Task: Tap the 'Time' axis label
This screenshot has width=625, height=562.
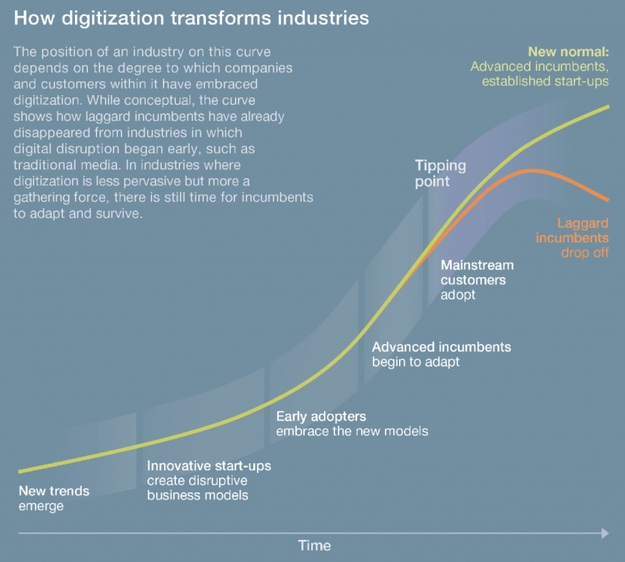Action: pyautogui.click(x=314, y=545)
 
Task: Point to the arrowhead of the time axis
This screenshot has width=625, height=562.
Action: pyautogui.click(x=605, y=533)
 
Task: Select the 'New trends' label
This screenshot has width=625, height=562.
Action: pyautogui.click(x=54, y=491)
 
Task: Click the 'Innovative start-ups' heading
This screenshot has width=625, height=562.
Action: pyautogui.click(x=209, y=466)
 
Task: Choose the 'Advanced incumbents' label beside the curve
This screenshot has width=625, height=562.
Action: pyautogui.click(x=441, y=347)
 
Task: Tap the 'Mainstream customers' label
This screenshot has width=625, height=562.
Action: pyautogui.click(x=477, y=273)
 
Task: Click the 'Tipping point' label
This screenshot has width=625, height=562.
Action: pyautogui.click(x=440, y=173)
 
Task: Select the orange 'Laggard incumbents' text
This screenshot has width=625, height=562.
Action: pyautogui.click(x=573, y=231)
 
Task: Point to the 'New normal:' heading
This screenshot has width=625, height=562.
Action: pyautogui.click(x=568, y=51)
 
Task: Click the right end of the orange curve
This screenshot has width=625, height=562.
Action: pyautogui.click(x=608, y=200)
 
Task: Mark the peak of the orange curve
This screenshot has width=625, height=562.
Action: pyautogui.click(x=533, y=170)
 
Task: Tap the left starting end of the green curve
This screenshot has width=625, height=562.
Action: pyautogui.click(x=20, y=471)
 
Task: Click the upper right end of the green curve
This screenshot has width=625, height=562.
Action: pyautogui.click(x=609, y=106)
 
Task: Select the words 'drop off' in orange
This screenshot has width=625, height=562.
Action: pyautogui.click(x=585, y=252)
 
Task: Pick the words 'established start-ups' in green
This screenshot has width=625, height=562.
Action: pyautogui.click(x=545, y=81)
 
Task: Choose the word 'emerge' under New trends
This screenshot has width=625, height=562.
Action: pyautogui.click(x=41, y=506)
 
